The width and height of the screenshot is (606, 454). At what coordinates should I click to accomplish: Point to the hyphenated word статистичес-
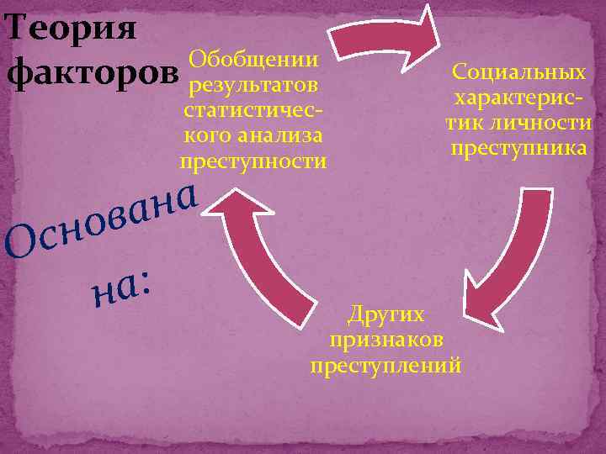253,110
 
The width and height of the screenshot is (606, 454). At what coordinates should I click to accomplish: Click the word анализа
281,135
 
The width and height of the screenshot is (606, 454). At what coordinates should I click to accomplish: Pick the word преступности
253,161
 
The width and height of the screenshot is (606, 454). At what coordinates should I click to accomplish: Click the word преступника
519,148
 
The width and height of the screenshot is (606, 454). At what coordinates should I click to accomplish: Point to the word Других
386,314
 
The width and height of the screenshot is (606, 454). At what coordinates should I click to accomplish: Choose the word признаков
386,340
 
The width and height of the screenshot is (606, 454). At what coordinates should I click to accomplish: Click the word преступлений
386,366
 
